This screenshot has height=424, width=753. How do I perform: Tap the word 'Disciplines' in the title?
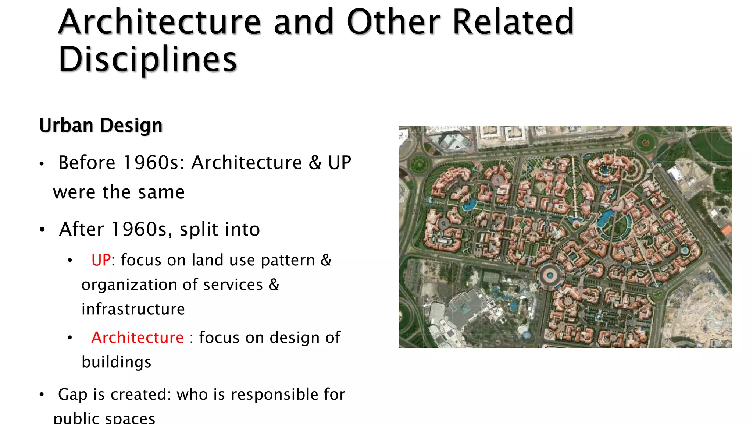click(x=147, y=60)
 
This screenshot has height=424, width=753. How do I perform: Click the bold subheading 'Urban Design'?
click(x=101, y=126)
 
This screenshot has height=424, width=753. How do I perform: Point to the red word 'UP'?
click(x=101, y=260)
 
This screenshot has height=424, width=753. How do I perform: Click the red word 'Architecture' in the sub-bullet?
click(x=137, y=338)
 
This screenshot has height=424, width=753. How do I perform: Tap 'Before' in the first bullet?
click(x=87, y=163)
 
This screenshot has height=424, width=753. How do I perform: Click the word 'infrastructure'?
click(x=133, y=309)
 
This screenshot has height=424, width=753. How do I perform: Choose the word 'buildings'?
click(x=116, y=362)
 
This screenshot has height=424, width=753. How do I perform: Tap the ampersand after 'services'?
click(x=274, y=285)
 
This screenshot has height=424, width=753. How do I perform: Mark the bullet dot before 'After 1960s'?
click(x=42, y=230)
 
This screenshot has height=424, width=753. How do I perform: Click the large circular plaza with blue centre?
click(x=550, y=275)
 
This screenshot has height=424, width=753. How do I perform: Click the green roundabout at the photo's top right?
click(x=646, y=142)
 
